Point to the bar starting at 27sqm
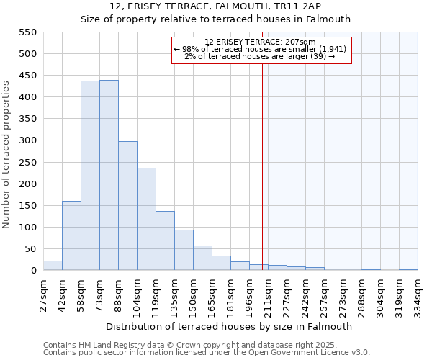click(53, 265)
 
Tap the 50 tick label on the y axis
click(30, 249)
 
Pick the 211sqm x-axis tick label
click(269, 294)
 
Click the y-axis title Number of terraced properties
click(6, 155)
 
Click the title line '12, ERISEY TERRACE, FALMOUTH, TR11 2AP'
click(215, 6)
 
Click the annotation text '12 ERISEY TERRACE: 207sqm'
click(261, 42)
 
